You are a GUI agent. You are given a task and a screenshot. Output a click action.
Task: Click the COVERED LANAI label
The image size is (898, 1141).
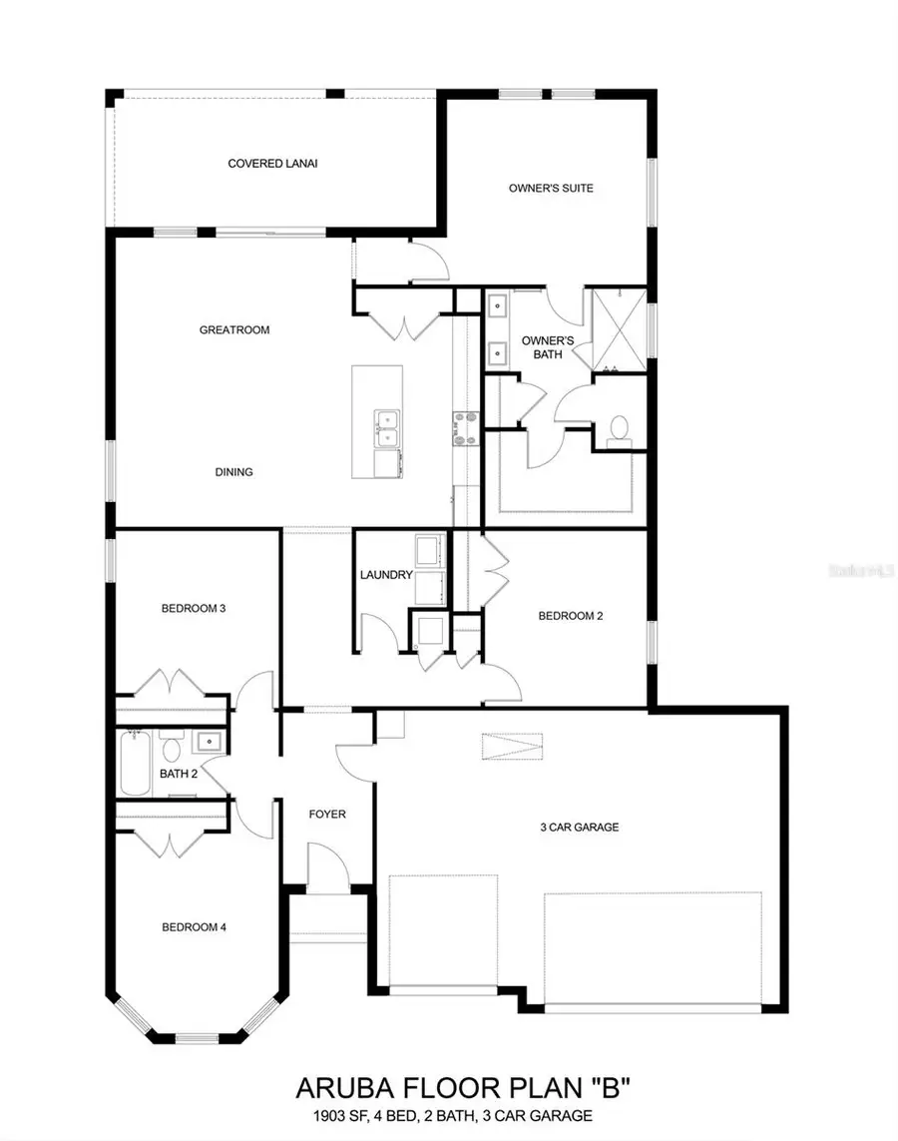pyautogui.click(x=265, y=164)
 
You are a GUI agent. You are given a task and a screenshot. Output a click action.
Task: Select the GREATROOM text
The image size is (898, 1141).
pyautogui.click(x=234, y=329)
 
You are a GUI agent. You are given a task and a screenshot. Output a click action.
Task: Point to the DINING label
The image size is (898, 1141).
pyautogui.click(x=234, y=472)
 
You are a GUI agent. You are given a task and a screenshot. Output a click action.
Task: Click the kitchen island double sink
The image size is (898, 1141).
pyautogui.click(x=385, y=429)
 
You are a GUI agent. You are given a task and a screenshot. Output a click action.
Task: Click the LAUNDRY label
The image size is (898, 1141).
pyautogui.click(x=386, y=575)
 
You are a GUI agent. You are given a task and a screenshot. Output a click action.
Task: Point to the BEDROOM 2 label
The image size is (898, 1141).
pyautogui.click(x=571, y=616)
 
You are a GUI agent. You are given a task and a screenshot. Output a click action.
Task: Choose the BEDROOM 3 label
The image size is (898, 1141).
pyautogui.click(x=194, y=608)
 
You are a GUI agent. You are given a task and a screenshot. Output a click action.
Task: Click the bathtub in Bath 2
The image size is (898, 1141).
pyautogui.click(x=135, y=764)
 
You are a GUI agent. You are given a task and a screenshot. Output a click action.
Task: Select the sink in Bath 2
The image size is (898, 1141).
pyautogui.click(x=209, y=742)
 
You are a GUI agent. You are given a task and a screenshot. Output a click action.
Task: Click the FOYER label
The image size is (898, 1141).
pyautogui.click(x=327, y=815)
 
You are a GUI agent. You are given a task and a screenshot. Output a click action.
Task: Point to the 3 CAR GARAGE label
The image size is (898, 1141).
pyautogui.click(x=580, y=827)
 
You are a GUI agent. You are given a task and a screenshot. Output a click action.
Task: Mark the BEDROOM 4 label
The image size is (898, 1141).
pyautogui.click(x=195, y=927)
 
